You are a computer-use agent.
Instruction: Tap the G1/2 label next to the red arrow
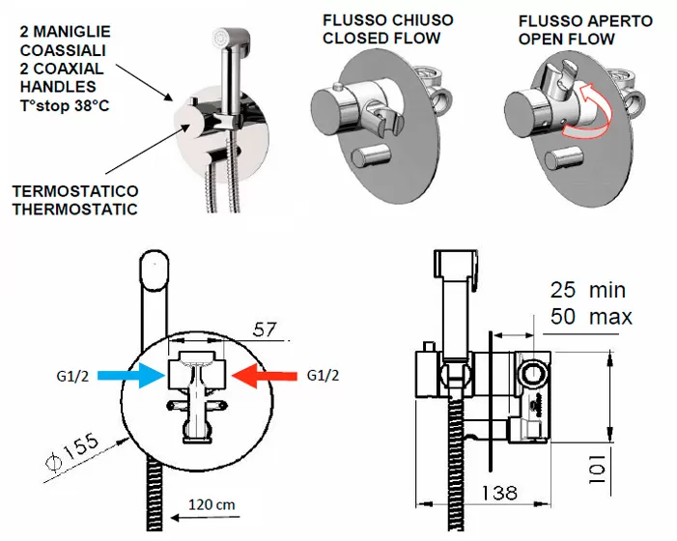[324, 375]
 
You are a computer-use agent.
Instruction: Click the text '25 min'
[587, 289]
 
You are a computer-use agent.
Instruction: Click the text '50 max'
[587, 316]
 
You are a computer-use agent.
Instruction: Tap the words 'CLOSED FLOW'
[381, 39]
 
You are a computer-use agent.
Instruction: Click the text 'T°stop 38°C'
[64, 104]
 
